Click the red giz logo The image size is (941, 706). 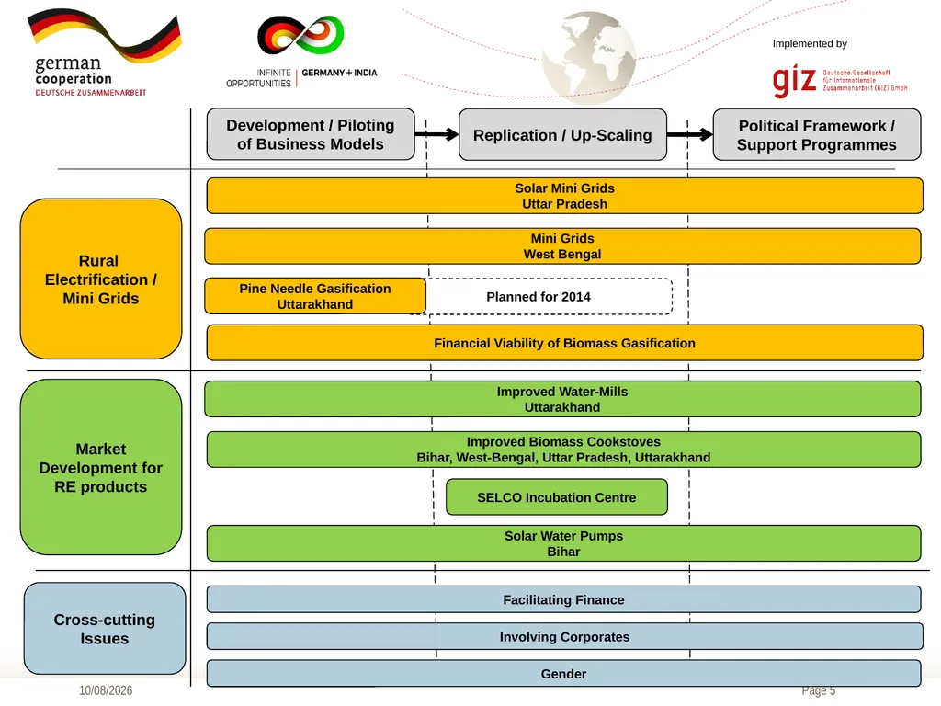point(794,81)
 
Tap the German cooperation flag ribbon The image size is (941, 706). point(105,35)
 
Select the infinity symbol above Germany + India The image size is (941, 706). point(300,35)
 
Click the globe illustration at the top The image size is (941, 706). point(589,58)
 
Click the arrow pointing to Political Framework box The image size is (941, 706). point(690,134)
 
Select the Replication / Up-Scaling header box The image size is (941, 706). point(563,134)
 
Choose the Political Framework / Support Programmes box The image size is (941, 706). point(817,134)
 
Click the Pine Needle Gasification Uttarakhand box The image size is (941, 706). point(315,296)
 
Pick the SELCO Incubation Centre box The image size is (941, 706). point(557,497)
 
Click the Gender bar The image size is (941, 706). point(563,674)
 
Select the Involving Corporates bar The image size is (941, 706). point(565,636)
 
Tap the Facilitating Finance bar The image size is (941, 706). point(563,599)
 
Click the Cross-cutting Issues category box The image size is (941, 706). point(105,629)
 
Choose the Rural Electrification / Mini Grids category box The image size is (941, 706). point(101,279)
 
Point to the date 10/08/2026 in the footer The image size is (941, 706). point(106,690)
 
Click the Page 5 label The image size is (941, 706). point(819,690)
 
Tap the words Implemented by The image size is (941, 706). point(810,44)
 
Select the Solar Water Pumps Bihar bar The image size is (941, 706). point(563,543)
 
